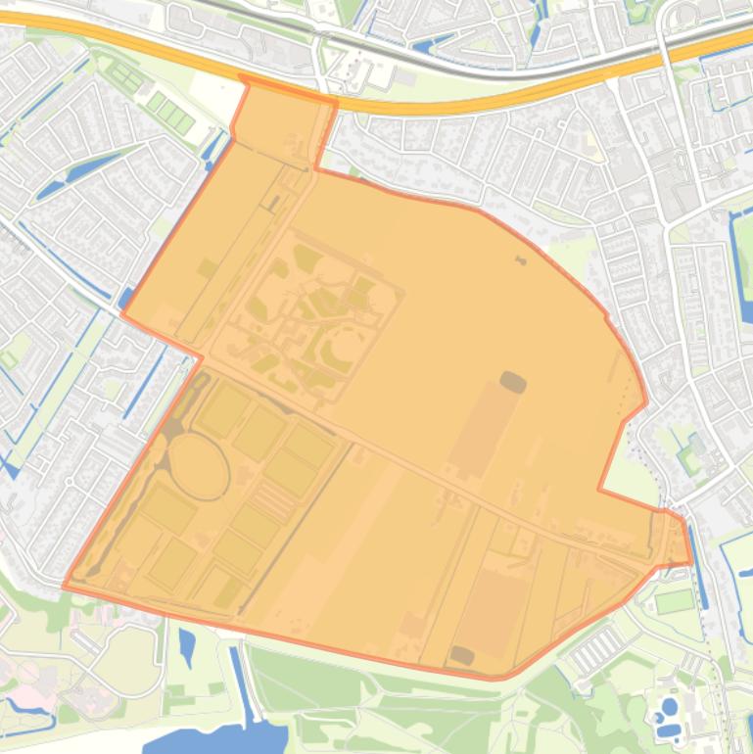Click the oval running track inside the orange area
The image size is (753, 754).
click(x=199, y=467)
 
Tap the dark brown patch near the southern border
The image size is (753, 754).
click(x=460, y=655)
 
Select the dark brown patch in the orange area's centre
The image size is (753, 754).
click(x=512, y=381)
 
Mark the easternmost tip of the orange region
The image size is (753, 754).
click(x=691, y=562)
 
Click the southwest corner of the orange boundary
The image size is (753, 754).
click(x=65, y=587)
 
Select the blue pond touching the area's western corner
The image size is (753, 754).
click(x=126, y=298)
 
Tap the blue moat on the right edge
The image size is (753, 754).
click(x=742, y=264)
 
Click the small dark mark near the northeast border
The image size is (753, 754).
click(x=520, y=259)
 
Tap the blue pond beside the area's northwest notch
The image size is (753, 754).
click(x=212, y=146)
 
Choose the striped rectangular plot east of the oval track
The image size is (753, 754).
click(x=275, y=500)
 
